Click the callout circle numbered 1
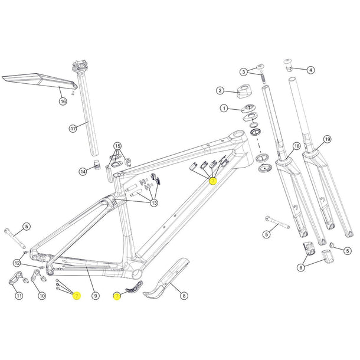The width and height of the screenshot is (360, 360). pos(224,109)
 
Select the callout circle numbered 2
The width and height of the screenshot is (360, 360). pos(220,91)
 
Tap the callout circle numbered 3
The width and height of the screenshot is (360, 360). pos(243,72)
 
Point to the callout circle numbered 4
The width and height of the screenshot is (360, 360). pos(310,70)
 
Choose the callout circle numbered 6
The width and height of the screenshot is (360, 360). pos(301,267)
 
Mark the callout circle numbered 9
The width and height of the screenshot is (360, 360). pos(96,296)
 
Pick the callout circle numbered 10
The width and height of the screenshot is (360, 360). pos(41,296)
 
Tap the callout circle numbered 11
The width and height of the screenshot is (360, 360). pos(18,296)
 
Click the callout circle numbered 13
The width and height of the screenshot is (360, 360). pos(155,204)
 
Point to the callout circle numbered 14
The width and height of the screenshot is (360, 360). pos(83,171)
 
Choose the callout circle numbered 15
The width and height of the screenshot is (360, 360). pos(117,146)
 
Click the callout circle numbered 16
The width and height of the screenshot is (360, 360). pos(63,102)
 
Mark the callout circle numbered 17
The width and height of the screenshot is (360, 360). pos(90,127)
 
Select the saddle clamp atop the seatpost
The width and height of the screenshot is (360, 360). pos(79,65)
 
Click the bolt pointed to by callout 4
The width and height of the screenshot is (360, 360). pos(289,63)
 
